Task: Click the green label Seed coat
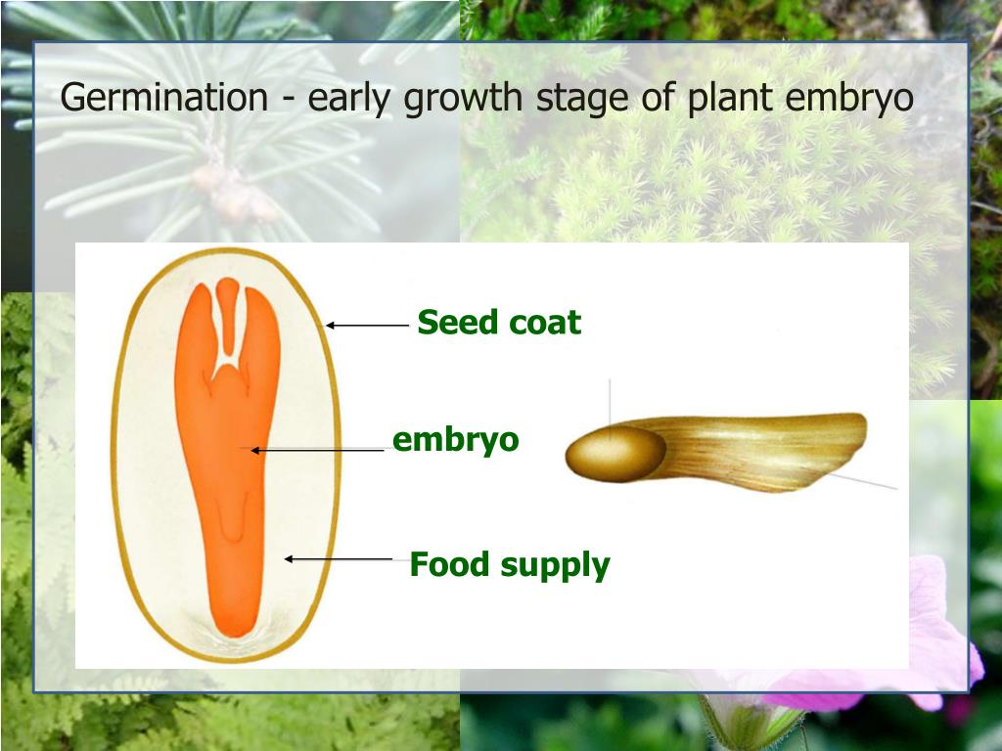point(499,322)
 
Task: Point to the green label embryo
point(455,440)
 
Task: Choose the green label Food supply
point(509,564)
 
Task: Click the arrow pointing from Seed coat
point(366,325)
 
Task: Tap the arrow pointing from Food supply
point(338,558)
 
